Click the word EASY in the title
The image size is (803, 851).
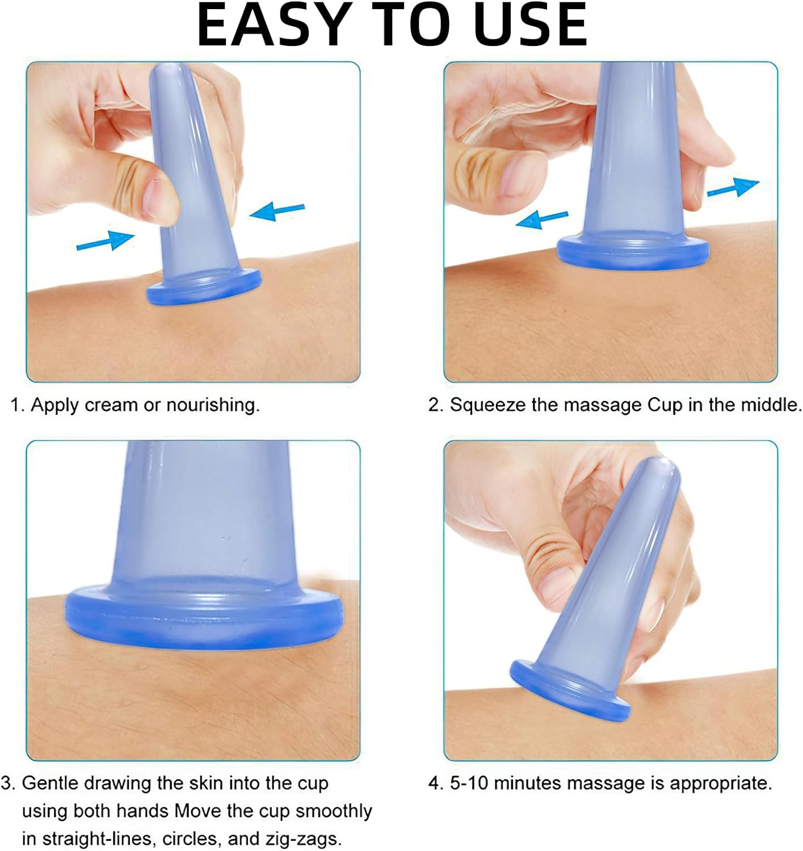pyautogui.click(x=272, y=26)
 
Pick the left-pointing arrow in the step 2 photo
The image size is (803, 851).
pyautogui.click(x=541, y=219)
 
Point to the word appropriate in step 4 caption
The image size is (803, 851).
pyautogui.click(x=721, y=783)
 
